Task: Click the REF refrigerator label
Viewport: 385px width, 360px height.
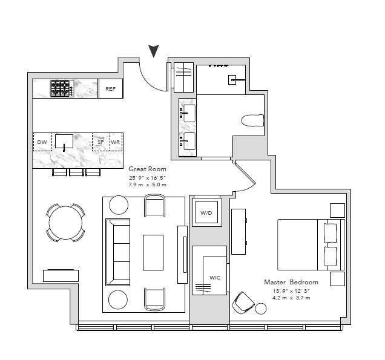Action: tap(110, 89)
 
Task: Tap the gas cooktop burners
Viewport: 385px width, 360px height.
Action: tap(62, 88)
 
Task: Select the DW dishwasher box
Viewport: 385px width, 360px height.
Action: tap(42, 142)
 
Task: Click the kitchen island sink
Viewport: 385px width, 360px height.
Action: tap(64, 142)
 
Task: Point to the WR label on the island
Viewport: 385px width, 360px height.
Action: tap(115, 142)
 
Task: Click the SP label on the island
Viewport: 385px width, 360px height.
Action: tap(100, 142)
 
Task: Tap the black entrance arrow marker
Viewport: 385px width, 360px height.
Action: tap(154, 51)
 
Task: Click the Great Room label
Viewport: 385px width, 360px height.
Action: tap(147, 169)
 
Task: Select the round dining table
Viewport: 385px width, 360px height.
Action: tap(65, 223)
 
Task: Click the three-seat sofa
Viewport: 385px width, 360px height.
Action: tap(118, 252)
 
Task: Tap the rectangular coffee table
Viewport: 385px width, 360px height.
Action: tap(153, 252)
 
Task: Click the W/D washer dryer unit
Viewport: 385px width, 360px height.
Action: tap(206, 212)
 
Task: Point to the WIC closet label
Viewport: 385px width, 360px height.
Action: tap(215, 278)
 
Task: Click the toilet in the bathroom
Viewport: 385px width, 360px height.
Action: tap(252, 120)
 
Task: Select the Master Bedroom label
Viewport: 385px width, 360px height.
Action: tap(291, 282)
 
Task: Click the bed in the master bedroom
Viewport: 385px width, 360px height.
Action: tap(311, 244)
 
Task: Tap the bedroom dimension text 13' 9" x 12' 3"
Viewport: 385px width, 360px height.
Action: tap(291, 291)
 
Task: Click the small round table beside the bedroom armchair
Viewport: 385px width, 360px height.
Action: tap(261, 309)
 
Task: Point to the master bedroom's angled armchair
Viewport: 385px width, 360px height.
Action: tap(243, 303)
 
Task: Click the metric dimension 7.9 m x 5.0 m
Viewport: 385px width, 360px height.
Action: tap(147, 185)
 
